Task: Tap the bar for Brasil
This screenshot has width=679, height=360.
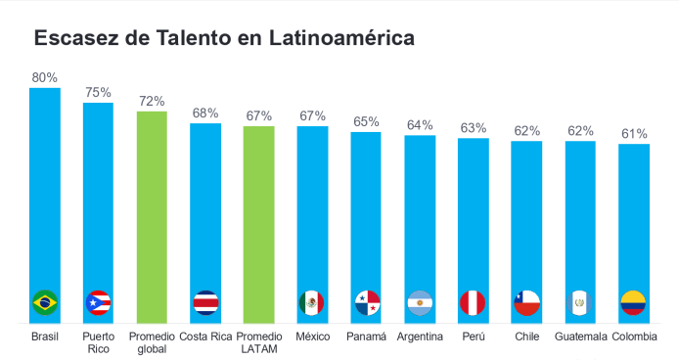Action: tap(45, 196)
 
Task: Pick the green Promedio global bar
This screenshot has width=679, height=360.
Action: tap(152, 215)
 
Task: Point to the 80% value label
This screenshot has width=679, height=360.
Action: tap(45, 77)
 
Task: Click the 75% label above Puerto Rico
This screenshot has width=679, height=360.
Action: tap(98, 92)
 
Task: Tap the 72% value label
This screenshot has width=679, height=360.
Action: tap(152, 101)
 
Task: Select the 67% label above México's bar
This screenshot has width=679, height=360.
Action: tap(312, 115)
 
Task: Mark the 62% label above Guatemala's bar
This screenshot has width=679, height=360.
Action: tap(580, 130)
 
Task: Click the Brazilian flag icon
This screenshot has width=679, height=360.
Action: tap(45, 302)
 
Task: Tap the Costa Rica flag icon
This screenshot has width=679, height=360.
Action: tap(205, 302)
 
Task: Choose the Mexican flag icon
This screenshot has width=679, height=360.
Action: tap(312, 302)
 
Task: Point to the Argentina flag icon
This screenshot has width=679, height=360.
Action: tap(420, 302)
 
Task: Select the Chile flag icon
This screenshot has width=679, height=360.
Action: tap(526, 302)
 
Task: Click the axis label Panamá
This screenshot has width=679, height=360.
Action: tap(366, 337)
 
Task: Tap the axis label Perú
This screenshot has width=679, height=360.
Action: tap(474, 337)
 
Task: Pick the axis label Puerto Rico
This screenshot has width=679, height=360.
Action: tap(98, 342)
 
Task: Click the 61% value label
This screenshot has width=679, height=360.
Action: tap(633, 133)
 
